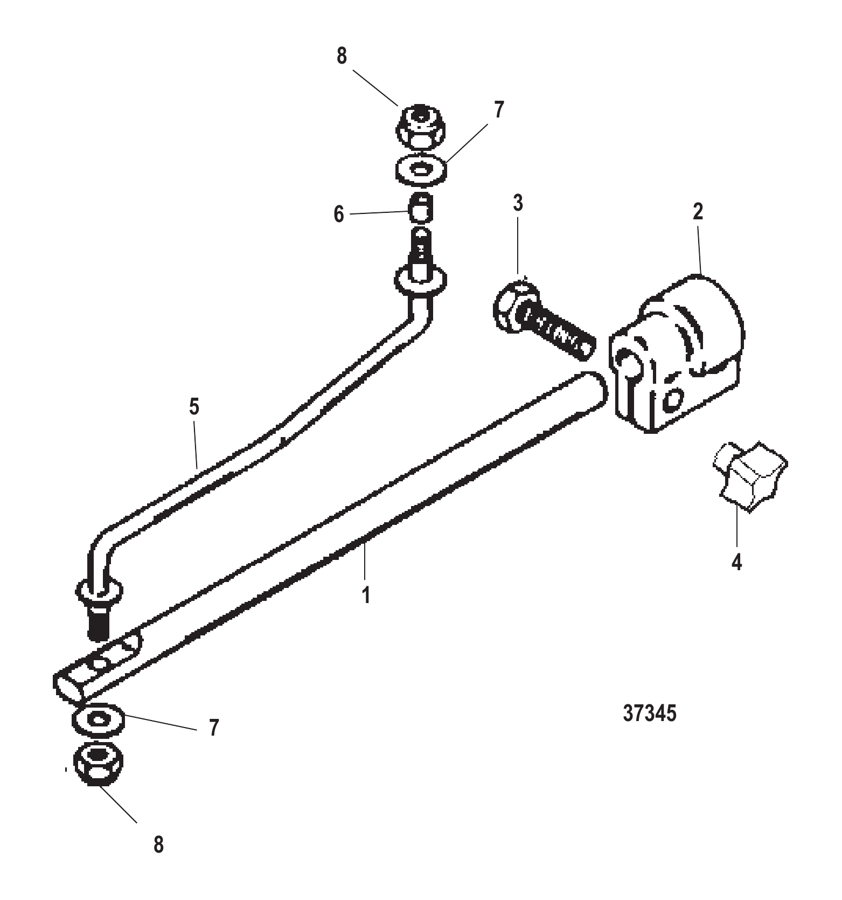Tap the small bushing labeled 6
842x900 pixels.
pyautogui.click(x=421, y=207)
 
